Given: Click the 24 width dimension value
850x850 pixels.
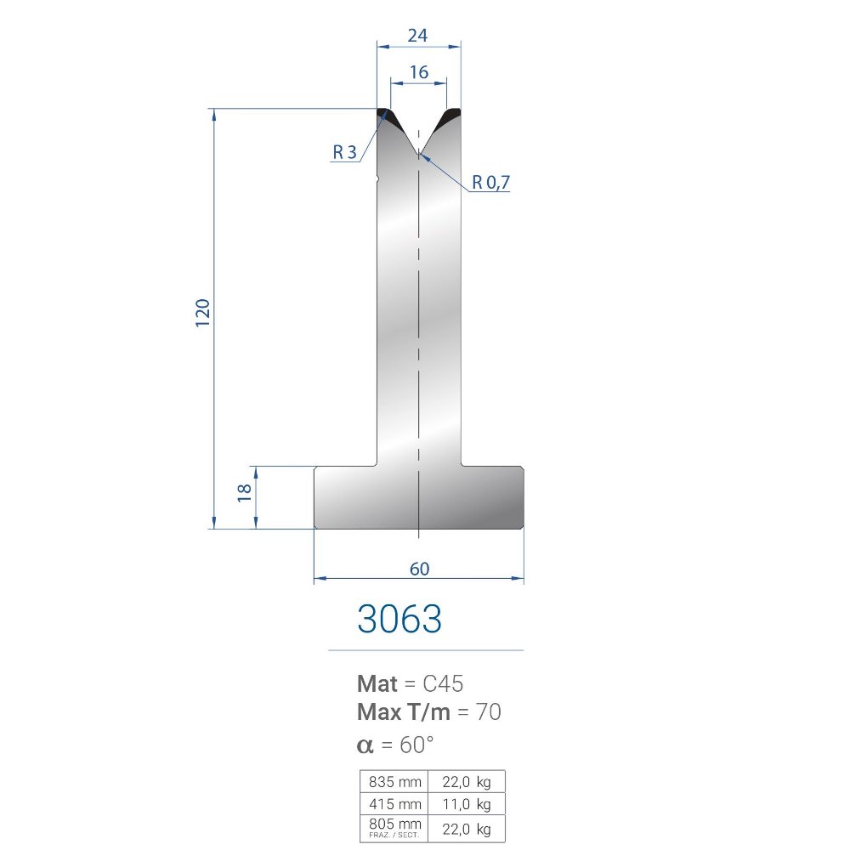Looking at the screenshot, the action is tap(417, 36).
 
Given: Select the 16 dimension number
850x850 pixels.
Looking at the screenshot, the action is tap(419, 72).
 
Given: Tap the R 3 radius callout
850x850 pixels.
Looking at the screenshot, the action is tap(345, 152).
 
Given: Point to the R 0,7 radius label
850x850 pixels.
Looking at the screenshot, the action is tap(490, 182).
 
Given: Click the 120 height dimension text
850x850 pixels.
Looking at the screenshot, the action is tap(202, 313).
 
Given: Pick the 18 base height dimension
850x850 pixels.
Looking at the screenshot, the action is tap(245, 493).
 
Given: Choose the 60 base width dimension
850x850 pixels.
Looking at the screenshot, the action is tap(420, 569).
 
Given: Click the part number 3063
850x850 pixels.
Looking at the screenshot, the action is tap(399, 619).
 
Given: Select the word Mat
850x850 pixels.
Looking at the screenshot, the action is tap(377, 683).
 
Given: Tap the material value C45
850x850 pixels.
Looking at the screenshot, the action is tap(443, 683).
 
